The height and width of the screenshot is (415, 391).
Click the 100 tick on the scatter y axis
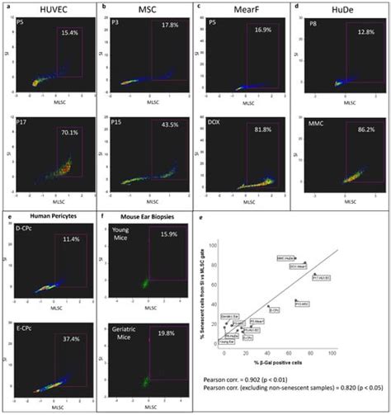pos(216,245)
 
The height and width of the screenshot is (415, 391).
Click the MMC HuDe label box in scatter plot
pos(286,258)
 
